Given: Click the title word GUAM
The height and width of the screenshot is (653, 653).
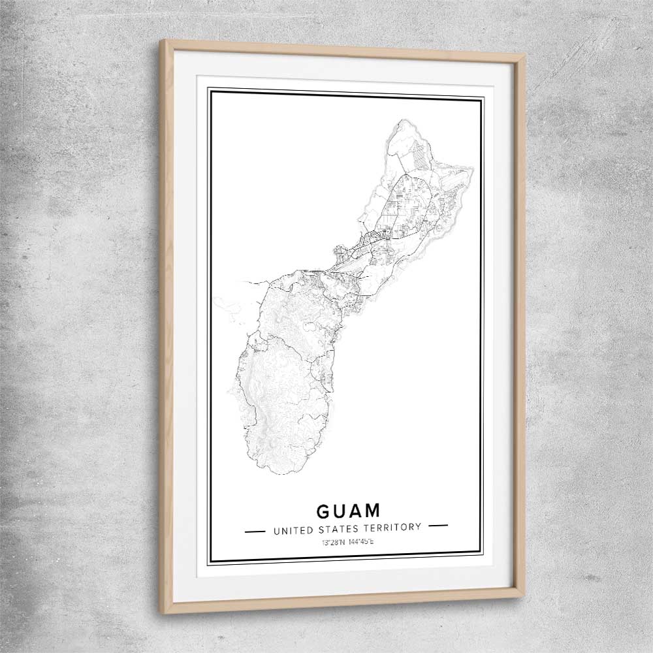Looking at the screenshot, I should pyautogui.click(x=347, y=510).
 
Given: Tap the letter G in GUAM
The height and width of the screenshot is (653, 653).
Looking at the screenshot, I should pyautogui.click(x=324, y=510).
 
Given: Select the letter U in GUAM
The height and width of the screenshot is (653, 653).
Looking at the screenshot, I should pyautogui.click(x=340, y=510).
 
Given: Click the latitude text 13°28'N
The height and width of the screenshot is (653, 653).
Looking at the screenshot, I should pyautogui.click(x=334, y=543).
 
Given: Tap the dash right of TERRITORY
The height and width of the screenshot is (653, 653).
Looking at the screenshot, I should pyautogui.click(x=438, y=525).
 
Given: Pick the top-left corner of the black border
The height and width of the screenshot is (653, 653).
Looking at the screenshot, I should pyautogui.click(x=209, y=89).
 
